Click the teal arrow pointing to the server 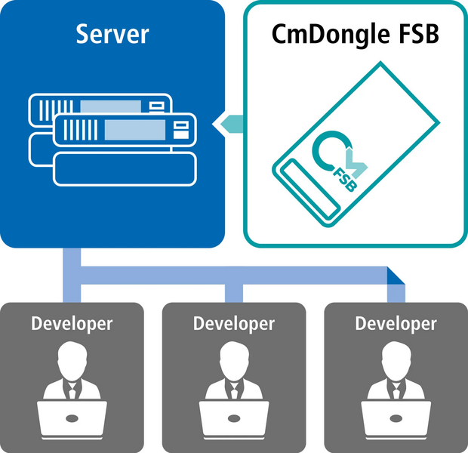pyautogui.click(x=229, y=122)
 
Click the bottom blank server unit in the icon pyautogui.click(x=125, y=168)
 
